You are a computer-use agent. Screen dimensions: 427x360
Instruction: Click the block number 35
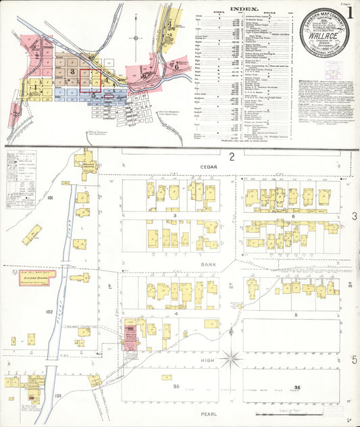pos(175,386)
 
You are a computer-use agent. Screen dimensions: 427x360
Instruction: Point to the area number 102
pos(49,311)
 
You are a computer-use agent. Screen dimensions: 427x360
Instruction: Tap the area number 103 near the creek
pos(58,395)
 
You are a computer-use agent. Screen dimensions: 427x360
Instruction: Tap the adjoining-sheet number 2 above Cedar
pos(231,157)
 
